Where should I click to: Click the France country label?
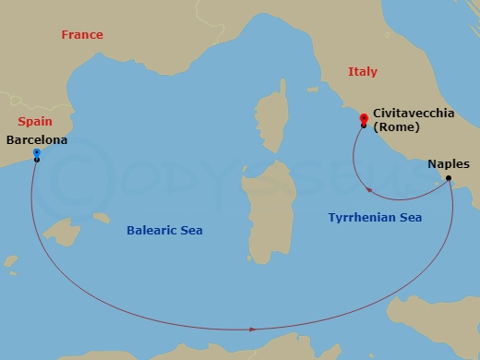point(82,35)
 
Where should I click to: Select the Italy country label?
point(363,72)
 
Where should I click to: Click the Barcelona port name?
point(36,140)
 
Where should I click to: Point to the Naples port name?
point(449,164)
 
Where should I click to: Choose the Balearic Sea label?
point(164,230)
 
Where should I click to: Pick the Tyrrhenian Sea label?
point(375,218)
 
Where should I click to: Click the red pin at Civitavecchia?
point(364,118)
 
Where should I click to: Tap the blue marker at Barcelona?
point(36,152)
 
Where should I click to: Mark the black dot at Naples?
point(449,178)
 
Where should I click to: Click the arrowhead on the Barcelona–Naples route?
point(252,329)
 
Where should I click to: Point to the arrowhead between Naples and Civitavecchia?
point(369,191)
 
